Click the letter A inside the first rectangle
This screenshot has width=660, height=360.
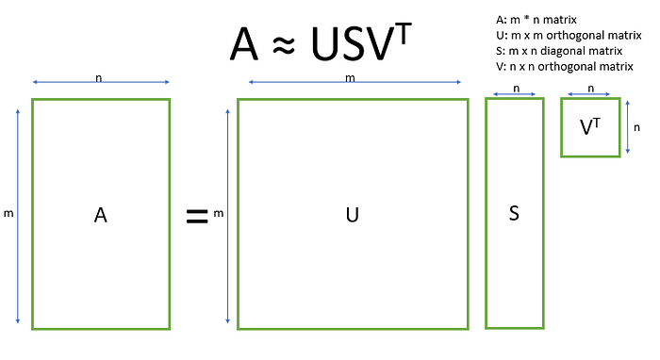100,215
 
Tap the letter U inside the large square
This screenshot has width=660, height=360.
352,215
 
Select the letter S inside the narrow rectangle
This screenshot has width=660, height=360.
514,213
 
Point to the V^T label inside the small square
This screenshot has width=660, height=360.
590,126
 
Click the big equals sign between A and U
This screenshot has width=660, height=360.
197,216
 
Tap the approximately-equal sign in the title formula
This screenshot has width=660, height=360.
284,45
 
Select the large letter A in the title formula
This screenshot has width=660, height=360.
243,44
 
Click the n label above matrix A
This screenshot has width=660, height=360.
98,78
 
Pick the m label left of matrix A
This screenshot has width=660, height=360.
8,214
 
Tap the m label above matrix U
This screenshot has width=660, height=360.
350,78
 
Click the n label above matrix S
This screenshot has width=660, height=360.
517,89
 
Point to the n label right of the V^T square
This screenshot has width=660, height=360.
636,127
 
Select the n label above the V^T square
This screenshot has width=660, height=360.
591,89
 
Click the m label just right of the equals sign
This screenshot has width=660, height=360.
218,214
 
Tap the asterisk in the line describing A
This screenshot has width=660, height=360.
526,18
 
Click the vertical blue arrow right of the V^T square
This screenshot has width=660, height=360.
628,127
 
